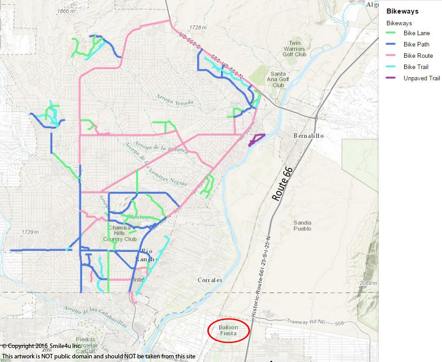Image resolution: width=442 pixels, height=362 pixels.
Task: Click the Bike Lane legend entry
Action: [x=416, y=33]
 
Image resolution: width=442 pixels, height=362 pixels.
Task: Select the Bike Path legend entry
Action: [x=416, y=44]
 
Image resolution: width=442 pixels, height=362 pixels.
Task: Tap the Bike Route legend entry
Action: [x=418, y=56]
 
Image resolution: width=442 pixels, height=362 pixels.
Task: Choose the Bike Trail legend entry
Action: [x=416, y=67]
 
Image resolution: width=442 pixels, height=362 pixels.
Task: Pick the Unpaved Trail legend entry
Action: [x=421, y=78]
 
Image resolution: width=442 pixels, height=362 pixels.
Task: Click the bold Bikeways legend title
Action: [x=402, y=11]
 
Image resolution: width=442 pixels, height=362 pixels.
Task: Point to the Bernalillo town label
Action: [x=308, y=135]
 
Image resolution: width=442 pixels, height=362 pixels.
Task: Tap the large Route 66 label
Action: [x=283, y=183]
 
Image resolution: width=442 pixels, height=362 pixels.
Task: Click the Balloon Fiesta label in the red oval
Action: [x=228, y=330]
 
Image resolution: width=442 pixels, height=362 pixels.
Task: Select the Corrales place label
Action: [x=210, y=280]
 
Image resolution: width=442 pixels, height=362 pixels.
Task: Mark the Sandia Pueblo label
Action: [x=302, y=225]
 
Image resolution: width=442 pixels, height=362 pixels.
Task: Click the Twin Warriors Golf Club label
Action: [x=295, y=49]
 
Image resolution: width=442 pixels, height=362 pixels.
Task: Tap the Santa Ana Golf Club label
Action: [x=278, y=79]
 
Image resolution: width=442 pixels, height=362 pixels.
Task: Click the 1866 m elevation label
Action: [x=66, y=11]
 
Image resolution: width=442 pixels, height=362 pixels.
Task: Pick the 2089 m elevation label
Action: [x=368, y=283]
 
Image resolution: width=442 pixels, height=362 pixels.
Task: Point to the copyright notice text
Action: [x=41, y=346]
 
